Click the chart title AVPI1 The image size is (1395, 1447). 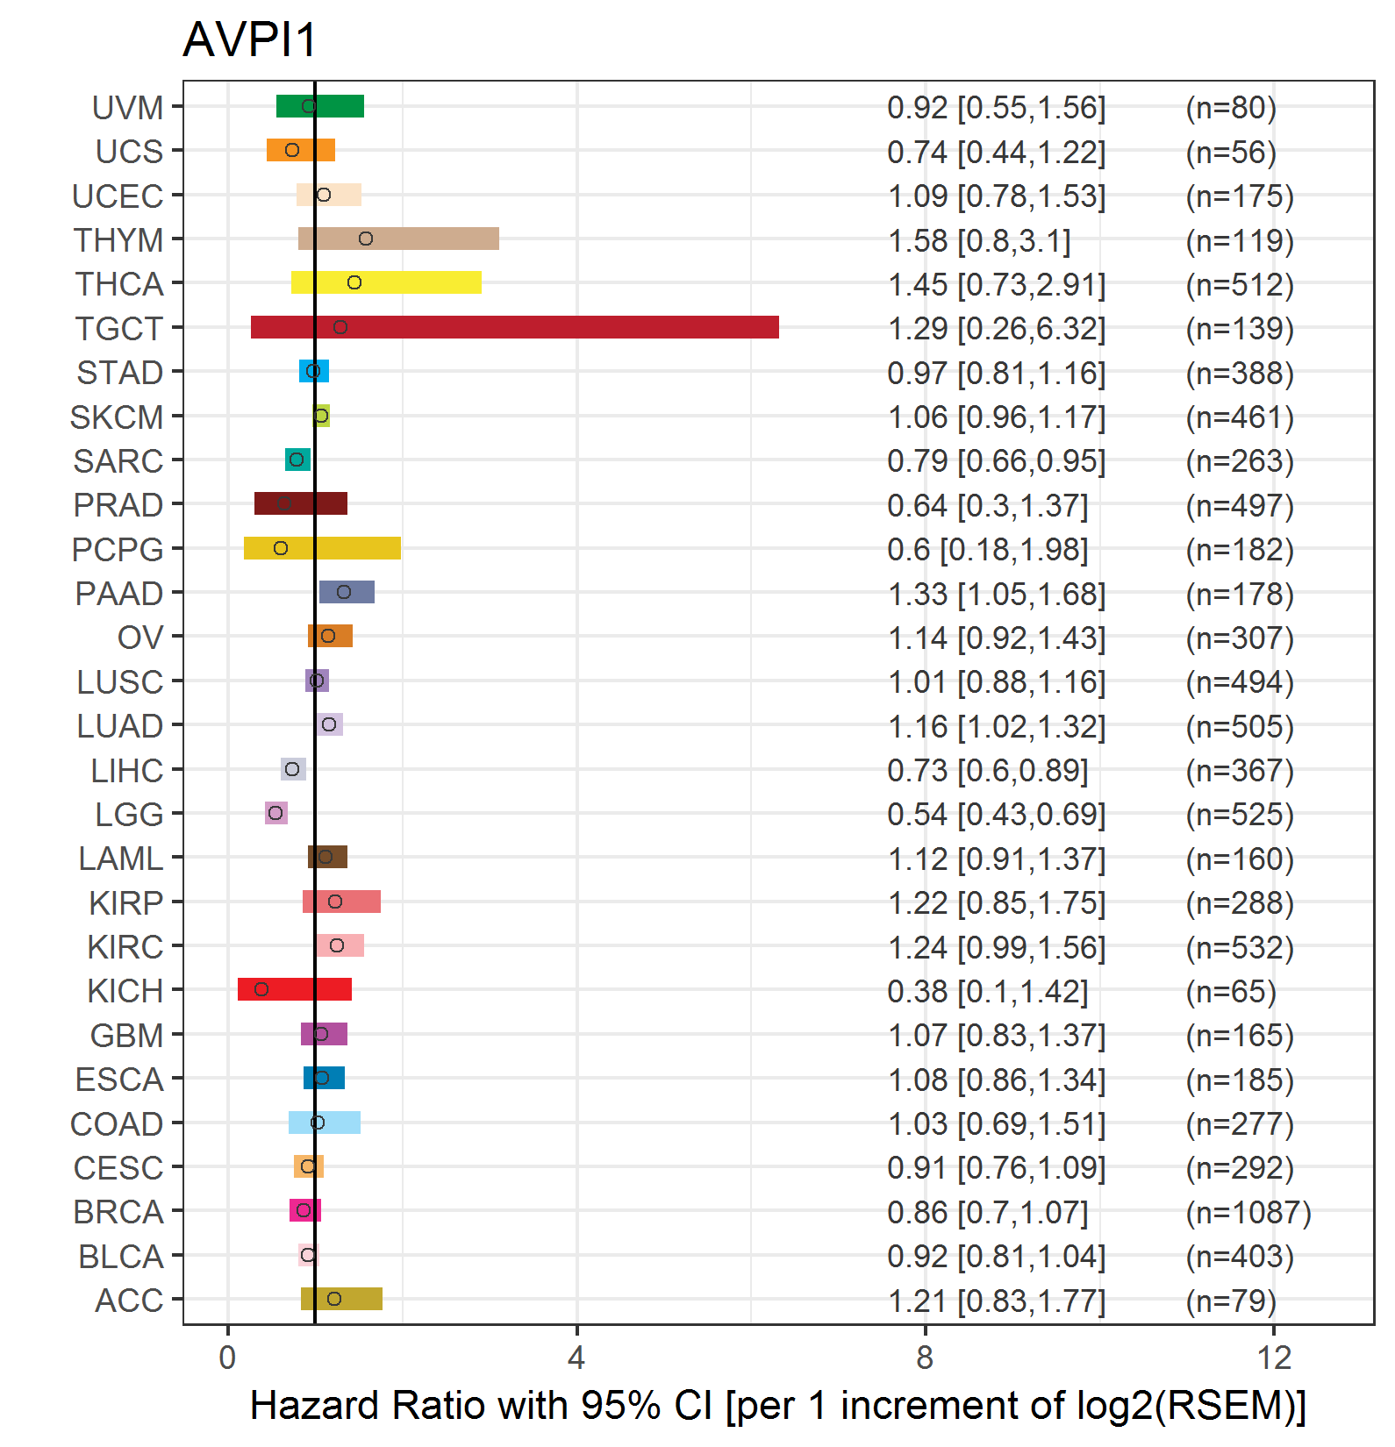pos(249,40)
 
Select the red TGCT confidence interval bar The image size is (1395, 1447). pos(515,327)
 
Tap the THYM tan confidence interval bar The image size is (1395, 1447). pos(398,239)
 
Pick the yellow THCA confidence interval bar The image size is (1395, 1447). pos(386,282)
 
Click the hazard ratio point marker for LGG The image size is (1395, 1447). pos(275,813)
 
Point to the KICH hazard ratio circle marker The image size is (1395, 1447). pos(261,989)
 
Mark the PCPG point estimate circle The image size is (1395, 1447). pos(281,548)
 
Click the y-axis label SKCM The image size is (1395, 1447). pos(117,417)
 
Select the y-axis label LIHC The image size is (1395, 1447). pos(127,771)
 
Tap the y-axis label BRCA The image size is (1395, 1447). pos(118,1212)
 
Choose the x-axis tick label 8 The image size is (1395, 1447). pos(925,1358)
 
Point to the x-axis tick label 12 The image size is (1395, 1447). pos(1274,1358)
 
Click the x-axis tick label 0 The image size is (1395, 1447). pos(227,1358)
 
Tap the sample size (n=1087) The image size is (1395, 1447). pos(1248,1213)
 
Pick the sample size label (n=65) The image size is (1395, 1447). pos(1231,992)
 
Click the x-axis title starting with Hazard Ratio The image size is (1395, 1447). pos(778,1406)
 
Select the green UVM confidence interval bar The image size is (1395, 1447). pos(320,106)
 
